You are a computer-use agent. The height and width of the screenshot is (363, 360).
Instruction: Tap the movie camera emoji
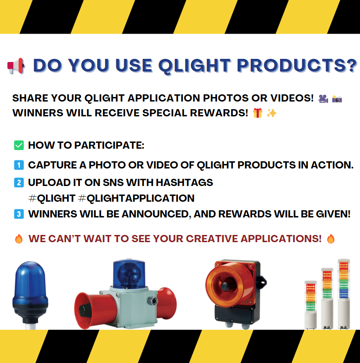pyautogui.click(x=322, y=98)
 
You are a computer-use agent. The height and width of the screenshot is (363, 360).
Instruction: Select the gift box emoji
pyautogui.click(x=258, y=113)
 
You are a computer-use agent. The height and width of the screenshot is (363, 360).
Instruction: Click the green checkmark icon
pyautogui.click(x=19, y=145)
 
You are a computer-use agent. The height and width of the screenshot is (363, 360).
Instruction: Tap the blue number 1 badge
pyautogui.click(x=19, y=165)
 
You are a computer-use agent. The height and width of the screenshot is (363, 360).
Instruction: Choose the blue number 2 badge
pyautogui.click(x=19, y=182)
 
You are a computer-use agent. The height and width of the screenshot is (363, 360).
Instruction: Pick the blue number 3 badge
pyautogui.click(x=19, y=214)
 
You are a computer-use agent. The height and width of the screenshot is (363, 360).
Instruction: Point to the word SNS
pyautogui.click(x=122, y=183)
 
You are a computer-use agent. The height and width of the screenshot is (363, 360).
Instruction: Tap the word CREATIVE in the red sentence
pyautogui.click(x=207, y=239)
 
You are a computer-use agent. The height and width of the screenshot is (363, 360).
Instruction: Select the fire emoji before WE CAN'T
pyautogui.click(x=18, y=239)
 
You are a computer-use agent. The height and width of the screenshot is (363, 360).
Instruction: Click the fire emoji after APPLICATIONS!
pyautogui.click(x=331, y=239)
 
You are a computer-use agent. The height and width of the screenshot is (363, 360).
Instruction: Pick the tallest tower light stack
pyautogui.click(x=344, y=292)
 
